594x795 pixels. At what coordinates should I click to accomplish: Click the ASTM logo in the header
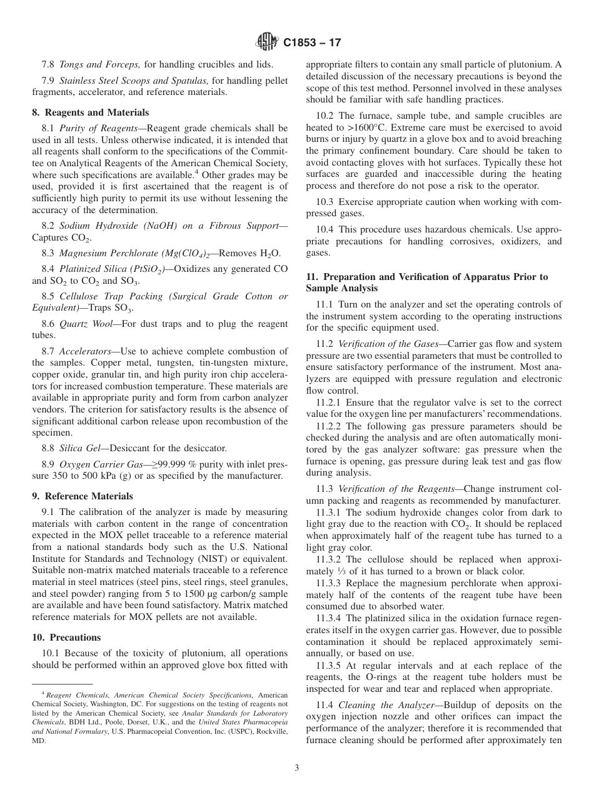coord(266,42)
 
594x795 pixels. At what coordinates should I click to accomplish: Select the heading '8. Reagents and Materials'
coord(91,112)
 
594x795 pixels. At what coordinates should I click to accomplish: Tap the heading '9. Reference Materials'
coord(82,496)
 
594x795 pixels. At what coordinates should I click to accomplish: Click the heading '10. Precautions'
coord(66,637)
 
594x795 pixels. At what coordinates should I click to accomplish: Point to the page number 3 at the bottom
coord(297,768)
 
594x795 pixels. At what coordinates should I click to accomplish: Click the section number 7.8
coord(48,64)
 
